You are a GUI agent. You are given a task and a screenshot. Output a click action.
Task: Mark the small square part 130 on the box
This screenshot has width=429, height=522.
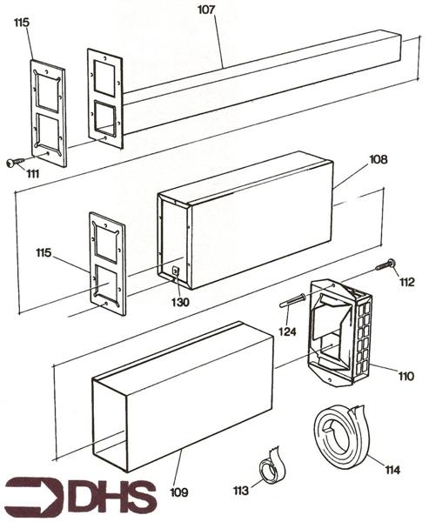click(x=177, y=271)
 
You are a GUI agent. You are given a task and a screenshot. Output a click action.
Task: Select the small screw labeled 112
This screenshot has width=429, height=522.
click(x=385, y=264)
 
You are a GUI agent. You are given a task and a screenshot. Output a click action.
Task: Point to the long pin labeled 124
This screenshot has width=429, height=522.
click(x=292, y=301)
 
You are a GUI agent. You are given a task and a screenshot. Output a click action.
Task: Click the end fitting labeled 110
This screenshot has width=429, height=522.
click(x=341, y=336)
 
